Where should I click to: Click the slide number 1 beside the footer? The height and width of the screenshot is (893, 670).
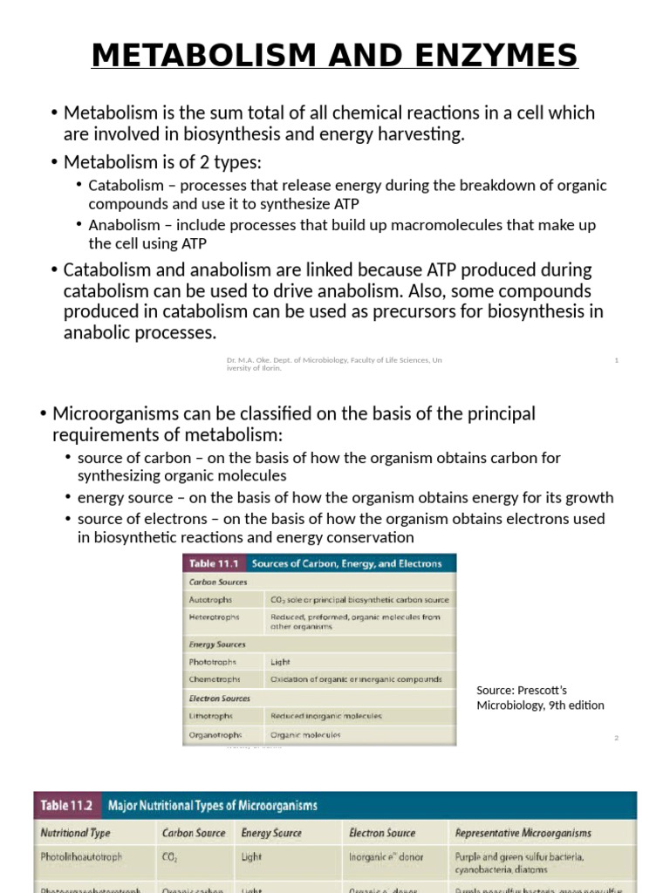tap(616, 360)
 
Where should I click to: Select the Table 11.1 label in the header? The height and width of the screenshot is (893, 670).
tap(215, 563)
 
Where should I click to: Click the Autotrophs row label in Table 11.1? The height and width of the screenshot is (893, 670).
tap(210, 600)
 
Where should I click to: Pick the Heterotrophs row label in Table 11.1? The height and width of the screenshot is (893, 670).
tap(214, 617)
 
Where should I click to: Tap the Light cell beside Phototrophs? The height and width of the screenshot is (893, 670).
tap(280, 662)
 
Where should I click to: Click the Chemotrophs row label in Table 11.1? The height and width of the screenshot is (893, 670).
tap(214, 679)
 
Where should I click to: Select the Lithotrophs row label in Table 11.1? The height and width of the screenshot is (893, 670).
tap(211, 716)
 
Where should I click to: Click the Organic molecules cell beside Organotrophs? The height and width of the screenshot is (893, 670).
tap(305, 735)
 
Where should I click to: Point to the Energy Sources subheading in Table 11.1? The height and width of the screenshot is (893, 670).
tap(217, 644)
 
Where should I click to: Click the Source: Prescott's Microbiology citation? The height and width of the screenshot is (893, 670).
tap(540, 698)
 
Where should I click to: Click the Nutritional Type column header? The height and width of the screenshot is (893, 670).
tap(76, 833)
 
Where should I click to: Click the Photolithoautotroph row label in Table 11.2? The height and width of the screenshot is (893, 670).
tap(81, 857)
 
